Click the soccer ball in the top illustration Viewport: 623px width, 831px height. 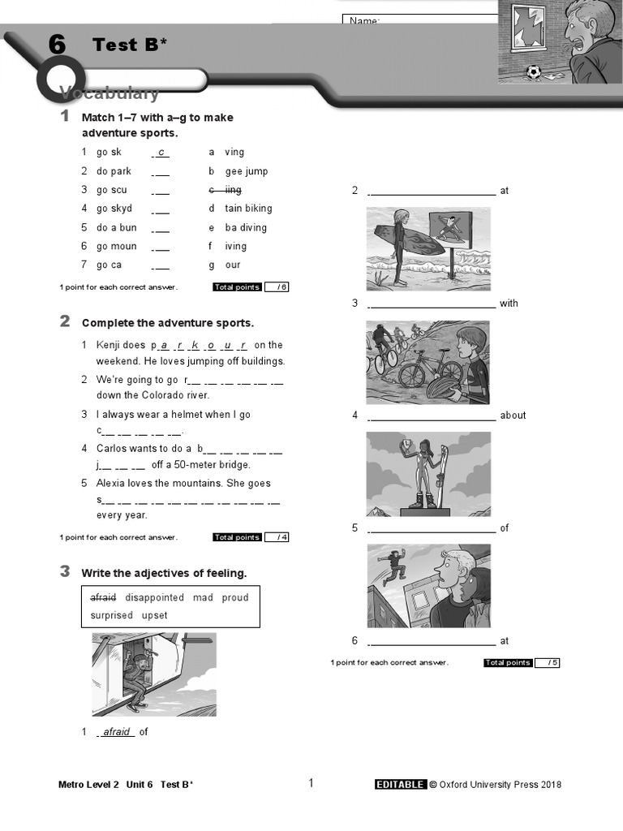(533, 72)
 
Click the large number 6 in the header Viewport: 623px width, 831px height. (57, 45)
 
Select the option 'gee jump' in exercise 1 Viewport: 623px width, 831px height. (246, 171)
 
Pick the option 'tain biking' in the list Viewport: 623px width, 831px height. (248, 209)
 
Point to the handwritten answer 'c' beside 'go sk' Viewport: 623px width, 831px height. (161, 152)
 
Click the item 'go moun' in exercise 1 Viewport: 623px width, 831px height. (117, 246)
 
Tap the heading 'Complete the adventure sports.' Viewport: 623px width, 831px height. (167, 323)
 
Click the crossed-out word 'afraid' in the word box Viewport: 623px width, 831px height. (103, 597)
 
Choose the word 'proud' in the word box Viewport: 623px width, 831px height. (235, 597)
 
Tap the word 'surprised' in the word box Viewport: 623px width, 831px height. (111, 615)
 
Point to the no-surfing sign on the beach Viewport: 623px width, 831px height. (451, 229)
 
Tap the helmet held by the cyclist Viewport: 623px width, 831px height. (443, 385)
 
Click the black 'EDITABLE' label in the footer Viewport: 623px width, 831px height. (400, 784)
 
